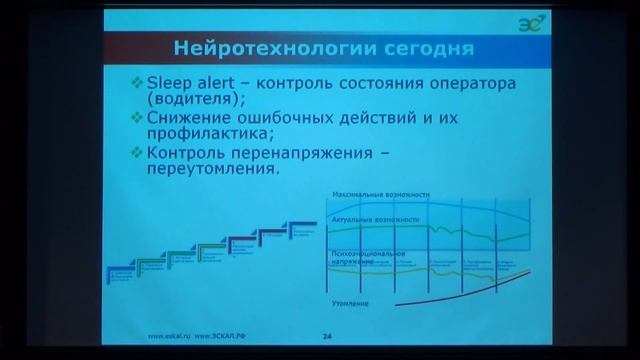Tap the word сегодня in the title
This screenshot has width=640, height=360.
tap(396, 47)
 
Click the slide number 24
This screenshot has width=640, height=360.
tap(327, 337)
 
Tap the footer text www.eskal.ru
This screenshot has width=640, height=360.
tap(167, 337)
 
